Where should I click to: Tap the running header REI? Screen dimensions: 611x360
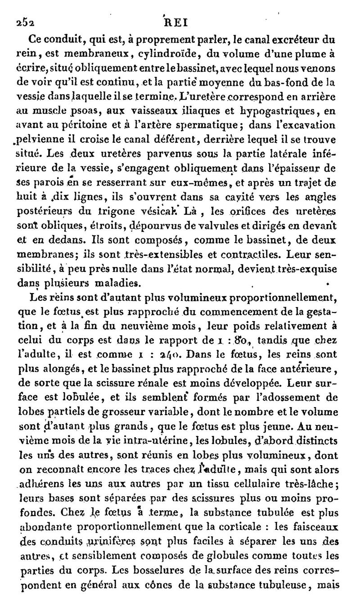pos(177,23)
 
